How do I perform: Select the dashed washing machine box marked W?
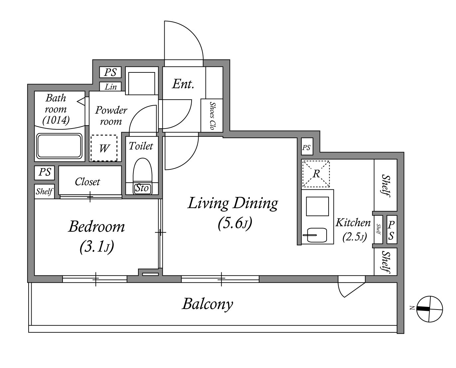pyautogui.click(x=104, y=148)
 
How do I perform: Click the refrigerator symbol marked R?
pyautogui.click(x=316, y=174)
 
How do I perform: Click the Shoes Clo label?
pyautogui.click(x=212, y=116)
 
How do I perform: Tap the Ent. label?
pyautogui.click(x=183, y=84)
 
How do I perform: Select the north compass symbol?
pyautogui.click(x=429, y=309)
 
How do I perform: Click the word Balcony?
pyautogui.click(x=208, y=304)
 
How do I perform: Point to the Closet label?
pyautogui.click(x=87, y=182)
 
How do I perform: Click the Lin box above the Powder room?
pyautogui.click(x=110, y=87)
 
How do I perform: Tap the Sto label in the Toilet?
pyautogui.click(x=142, y=188)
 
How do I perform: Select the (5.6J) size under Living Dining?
pyautogui.click(x=235, y=224)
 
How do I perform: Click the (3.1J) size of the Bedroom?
pyautogui.click(x=97, y=247)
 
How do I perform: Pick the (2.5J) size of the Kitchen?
pyautogui.click(x=355, y=237)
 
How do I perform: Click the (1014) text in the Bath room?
pyautogui.click(x=56, y=120)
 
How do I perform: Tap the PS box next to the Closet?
pyautogui.click(x=45, y=173)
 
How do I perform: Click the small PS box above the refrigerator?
pyautogui.click(x=307, y=147)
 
